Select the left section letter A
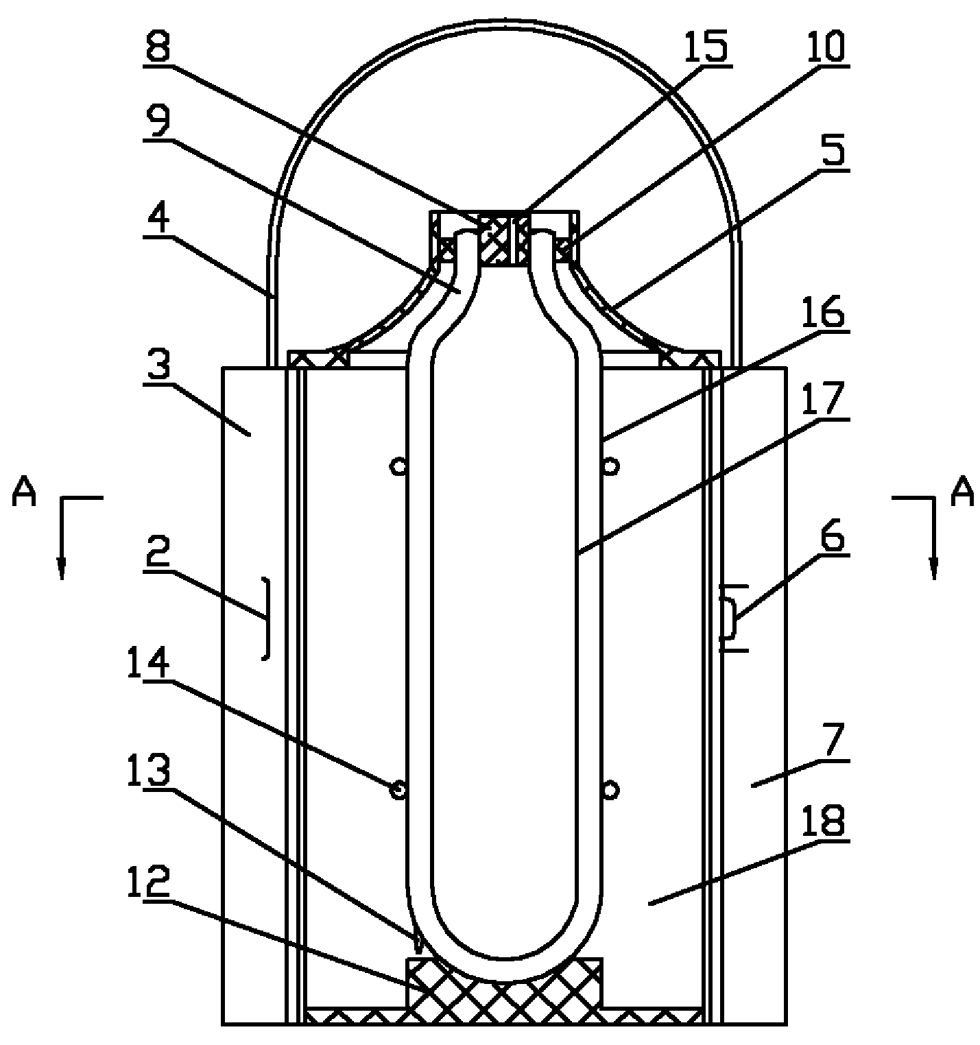[25, 493]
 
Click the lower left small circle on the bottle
[397, 790]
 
